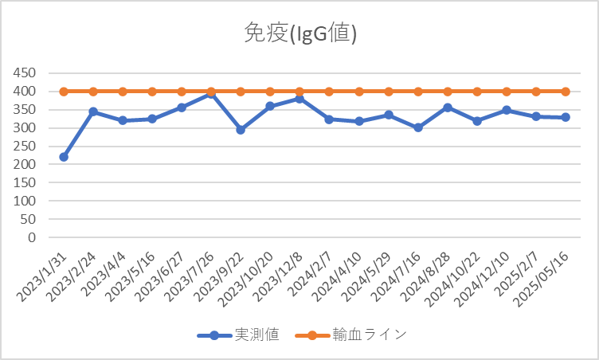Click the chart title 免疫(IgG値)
point(299,33)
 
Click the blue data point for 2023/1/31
point(64,157)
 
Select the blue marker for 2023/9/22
point(241,130)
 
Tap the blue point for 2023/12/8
point(299,99)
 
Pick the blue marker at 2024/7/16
point(418,127)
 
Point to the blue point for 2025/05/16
point(566,117)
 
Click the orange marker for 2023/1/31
point(64,92)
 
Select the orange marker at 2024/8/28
point(448,92)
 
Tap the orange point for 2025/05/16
point(566,92)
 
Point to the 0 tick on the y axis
point(32,237)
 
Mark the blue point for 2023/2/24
point(93,112)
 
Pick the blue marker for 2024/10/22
point(477,121)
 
